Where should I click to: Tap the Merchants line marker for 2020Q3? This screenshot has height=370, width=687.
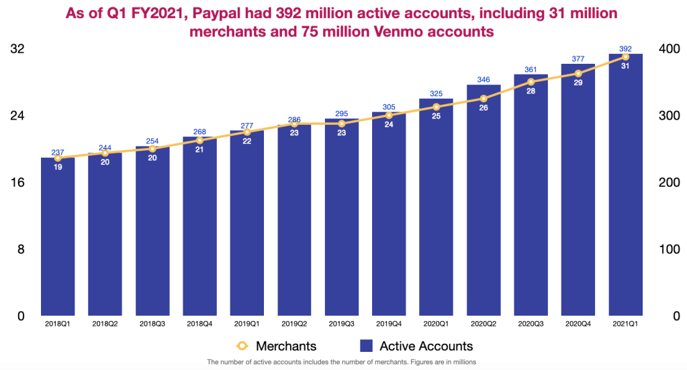click(531, 82)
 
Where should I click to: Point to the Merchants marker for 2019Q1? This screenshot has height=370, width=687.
click(247, 132)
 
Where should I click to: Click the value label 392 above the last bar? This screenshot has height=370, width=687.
click(625, 48)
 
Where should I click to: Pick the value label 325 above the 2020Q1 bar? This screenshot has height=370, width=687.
click(436, 93)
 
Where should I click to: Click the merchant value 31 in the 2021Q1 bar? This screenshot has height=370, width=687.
click(625, 66)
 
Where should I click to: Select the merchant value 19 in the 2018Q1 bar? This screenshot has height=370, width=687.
click(58, 167)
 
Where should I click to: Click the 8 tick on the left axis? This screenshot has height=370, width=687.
click(21, 249)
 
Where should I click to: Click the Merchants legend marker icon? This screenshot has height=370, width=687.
click(243, 346)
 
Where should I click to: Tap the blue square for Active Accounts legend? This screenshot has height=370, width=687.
click(366, 346)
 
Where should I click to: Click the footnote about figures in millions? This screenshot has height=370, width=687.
click(342, 363)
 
